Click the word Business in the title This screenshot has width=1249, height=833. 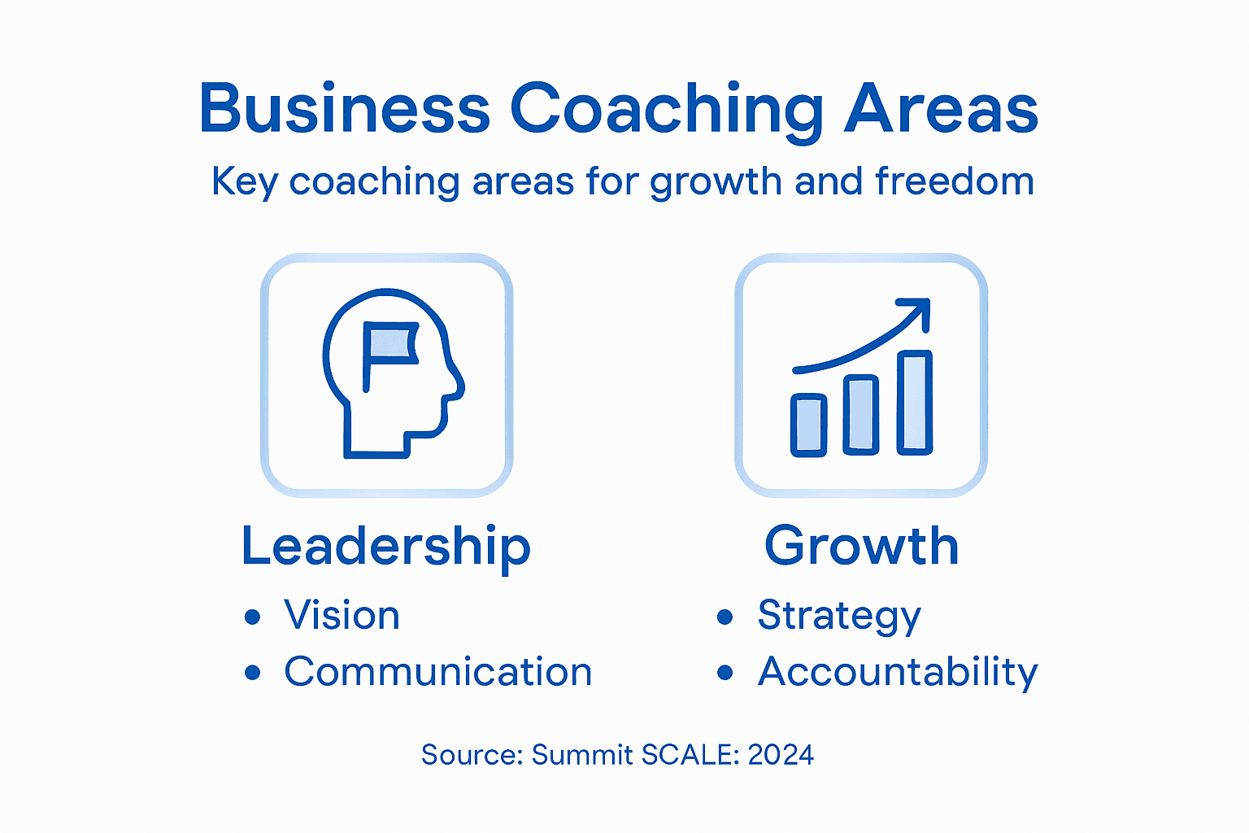click(345, 109)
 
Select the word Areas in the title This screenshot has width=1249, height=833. click(941, 109)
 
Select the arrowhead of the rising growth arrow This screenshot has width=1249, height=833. click(917, 311)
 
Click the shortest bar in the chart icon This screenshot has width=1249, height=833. click(809, 425)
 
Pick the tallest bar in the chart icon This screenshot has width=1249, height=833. click(915, 402)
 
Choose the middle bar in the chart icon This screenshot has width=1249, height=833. click(861, 414)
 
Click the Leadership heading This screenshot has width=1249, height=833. click(385, 546)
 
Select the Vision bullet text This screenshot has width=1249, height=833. click(342, 615)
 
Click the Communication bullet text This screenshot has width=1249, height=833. click(437, 672)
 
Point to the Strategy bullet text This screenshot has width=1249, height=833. click(838, 616)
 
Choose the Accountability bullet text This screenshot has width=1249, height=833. click(898, 673)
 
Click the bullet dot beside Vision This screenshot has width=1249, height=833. click(253, 617)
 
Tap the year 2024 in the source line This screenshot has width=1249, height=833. click(781, 755)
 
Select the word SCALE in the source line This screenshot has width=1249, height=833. click(690, 755)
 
